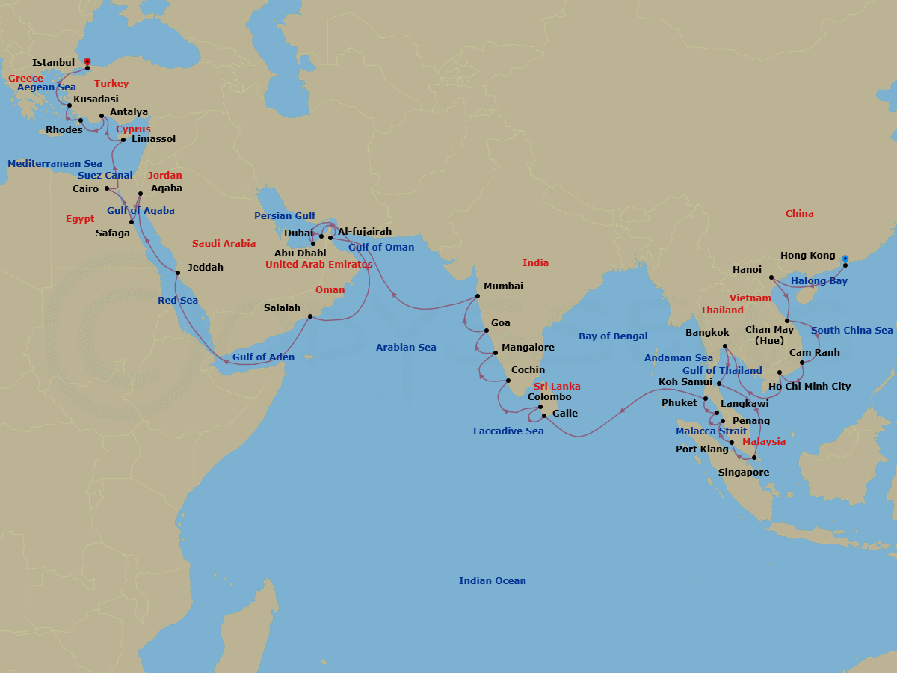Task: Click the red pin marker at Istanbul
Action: point(87,63)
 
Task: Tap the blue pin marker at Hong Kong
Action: point(845,259)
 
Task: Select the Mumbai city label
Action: point(503,286)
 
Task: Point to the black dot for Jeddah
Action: point(177,272)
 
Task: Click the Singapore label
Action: point(743,473)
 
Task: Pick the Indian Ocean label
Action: point(492,581)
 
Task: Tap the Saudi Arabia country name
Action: point(224,244)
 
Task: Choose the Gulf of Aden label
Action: point(263,357)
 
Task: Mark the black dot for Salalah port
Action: point(310,316)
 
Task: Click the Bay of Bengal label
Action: point(613,336)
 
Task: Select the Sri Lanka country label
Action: point(556,387)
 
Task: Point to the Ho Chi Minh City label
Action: point(810,387)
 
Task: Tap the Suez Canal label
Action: point(105,176)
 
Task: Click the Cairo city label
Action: point(85,189)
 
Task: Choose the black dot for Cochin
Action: point(508,381)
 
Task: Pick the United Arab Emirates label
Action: point(318,265)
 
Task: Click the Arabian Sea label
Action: point(406,348)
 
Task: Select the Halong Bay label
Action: point(819,281)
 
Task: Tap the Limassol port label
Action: point(153,139)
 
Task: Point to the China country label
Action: point(799,214)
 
